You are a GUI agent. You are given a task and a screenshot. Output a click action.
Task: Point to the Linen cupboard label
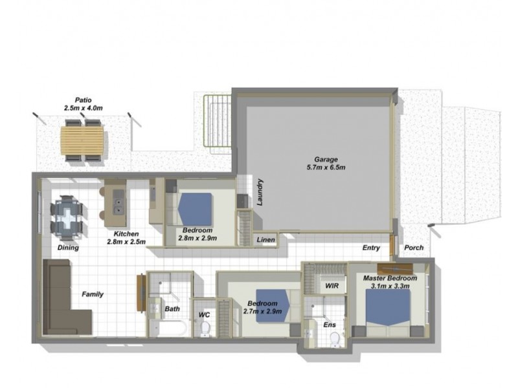coord(265,240)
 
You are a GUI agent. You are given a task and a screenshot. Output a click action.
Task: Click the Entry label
coord(371,248)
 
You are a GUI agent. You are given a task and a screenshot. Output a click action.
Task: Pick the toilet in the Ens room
coord(335,339)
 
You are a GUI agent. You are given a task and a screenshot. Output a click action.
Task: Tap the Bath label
coord(172,309)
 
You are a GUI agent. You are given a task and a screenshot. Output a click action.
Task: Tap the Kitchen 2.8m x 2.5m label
coord(126,237)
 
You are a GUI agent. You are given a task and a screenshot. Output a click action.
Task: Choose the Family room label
coord(92,294)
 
